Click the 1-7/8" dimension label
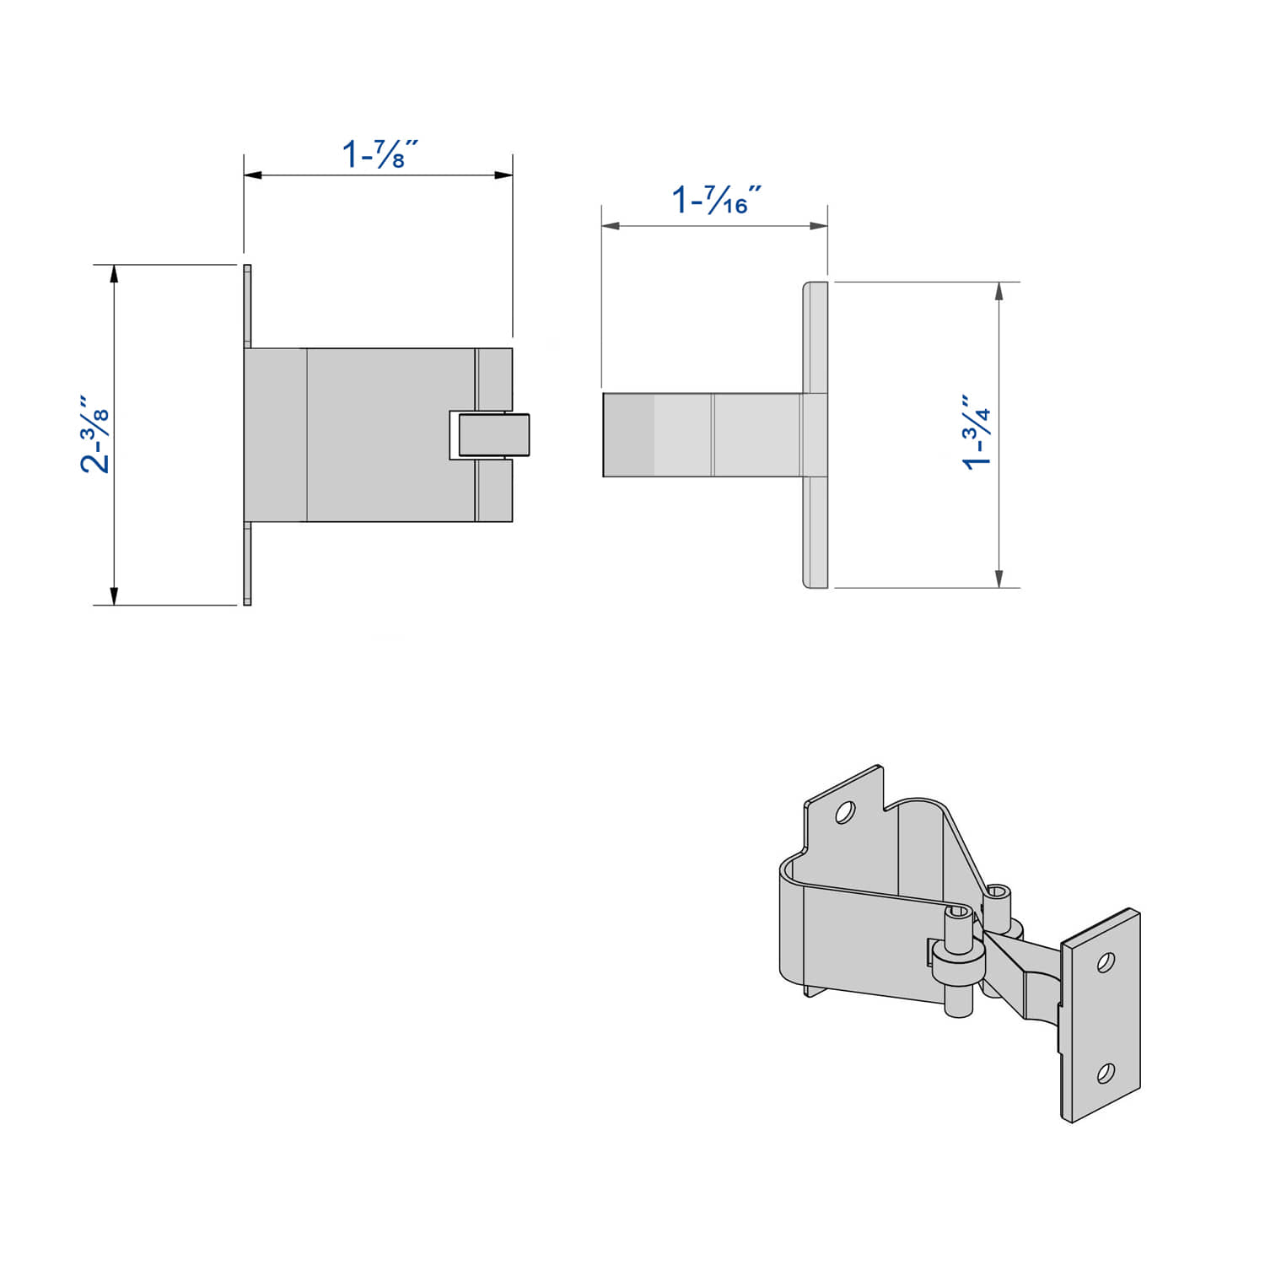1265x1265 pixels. click(379, 154)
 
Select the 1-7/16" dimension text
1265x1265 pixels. click(716, 201)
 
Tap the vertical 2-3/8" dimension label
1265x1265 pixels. click(95, 433)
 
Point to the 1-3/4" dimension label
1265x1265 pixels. click(977, 431)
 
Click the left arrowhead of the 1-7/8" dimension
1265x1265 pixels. click(252, 175)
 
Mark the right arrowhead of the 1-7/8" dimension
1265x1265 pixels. click(504, 175)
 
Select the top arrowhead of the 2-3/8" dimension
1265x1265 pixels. click(114, 273)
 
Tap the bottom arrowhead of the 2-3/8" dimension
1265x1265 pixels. click(114, 596)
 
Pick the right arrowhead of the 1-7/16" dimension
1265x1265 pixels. click(818, 226)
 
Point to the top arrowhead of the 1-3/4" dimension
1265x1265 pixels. click(999, 292)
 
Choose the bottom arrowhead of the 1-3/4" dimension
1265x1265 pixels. click(999, 579)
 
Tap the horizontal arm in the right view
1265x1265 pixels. click(700, 435)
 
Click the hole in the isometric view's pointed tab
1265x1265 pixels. click(843, 812)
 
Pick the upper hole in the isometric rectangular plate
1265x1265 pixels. click(1106, 962)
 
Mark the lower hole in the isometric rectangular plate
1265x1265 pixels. click(1105, 1073)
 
